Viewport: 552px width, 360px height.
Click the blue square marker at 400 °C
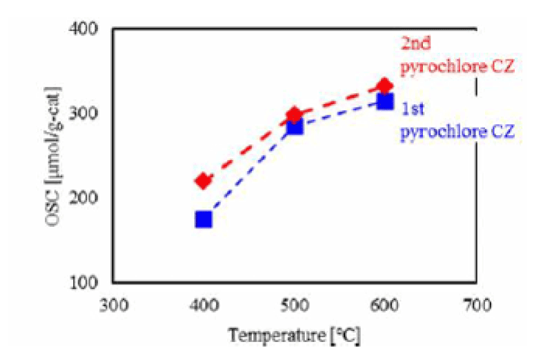point(204,219)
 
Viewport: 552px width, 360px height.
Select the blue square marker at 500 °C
point(295,126)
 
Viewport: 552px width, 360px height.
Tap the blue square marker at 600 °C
point(385,101)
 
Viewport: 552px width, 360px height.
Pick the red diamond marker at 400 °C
point(204,181)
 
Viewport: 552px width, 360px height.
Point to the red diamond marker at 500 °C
point(295,114)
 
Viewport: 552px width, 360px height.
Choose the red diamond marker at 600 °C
point(385,86)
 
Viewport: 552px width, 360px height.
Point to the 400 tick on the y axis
point(92,30)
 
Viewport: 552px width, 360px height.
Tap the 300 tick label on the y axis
point(92,114)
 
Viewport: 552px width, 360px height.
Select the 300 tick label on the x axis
point(112,304)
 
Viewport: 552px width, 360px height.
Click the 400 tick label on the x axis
point(204,304)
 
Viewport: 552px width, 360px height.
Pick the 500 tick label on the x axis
point(295,304)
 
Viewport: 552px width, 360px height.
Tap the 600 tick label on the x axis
point(386,304)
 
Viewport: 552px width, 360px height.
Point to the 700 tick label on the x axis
point(476,304)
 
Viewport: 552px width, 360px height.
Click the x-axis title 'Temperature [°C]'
point(294,336)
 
